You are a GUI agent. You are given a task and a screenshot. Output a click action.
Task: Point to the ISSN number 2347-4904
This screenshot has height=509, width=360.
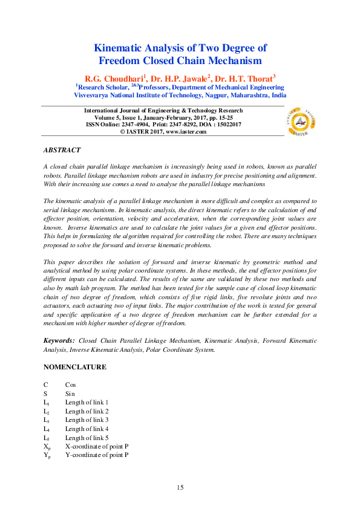click(x=133, y=124)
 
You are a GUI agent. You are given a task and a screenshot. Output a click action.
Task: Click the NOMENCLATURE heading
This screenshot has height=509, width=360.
click(x=74, y=367)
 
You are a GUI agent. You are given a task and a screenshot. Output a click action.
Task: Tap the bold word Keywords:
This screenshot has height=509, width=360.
click(x=59, y=341)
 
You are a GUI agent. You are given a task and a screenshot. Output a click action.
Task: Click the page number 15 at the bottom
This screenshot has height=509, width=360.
click(x=180, y=487)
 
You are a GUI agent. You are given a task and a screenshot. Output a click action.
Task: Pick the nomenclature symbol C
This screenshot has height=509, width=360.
click(x=45, y=384)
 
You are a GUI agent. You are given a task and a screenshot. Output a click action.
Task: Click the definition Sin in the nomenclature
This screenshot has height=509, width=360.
click(x=70, y=393)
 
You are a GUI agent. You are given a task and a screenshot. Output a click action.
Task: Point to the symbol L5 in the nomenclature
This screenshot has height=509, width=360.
click(x=46, y=437)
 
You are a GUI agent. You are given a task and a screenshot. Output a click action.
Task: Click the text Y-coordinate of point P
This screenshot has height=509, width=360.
click(x=96, y=455)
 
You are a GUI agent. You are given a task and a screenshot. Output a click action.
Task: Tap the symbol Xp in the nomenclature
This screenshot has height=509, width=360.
click(x=47, y=446)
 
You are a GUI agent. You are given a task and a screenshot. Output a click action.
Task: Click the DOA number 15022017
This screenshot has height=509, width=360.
click(x=227, y=124)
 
